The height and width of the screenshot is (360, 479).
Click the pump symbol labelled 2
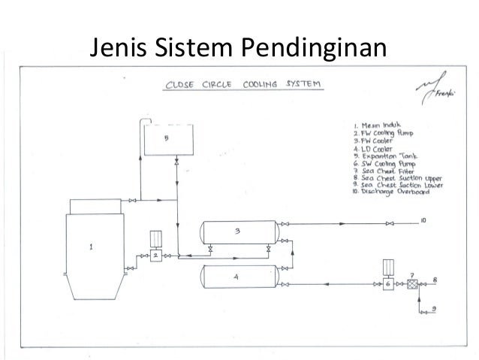156,256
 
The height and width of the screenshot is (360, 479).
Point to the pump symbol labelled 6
388,283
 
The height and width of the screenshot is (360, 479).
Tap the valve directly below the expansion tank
176,162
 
